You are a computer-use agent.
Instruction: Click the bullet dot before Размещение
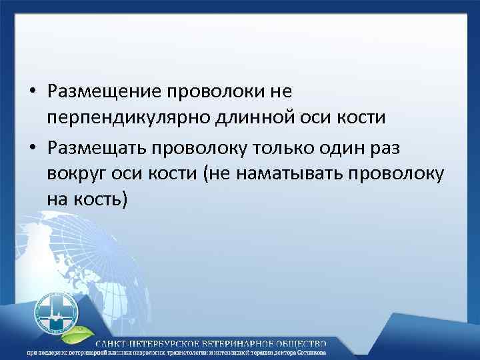point(33,91)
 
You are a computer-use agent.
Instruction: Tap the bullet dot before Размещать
point(33,145)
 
